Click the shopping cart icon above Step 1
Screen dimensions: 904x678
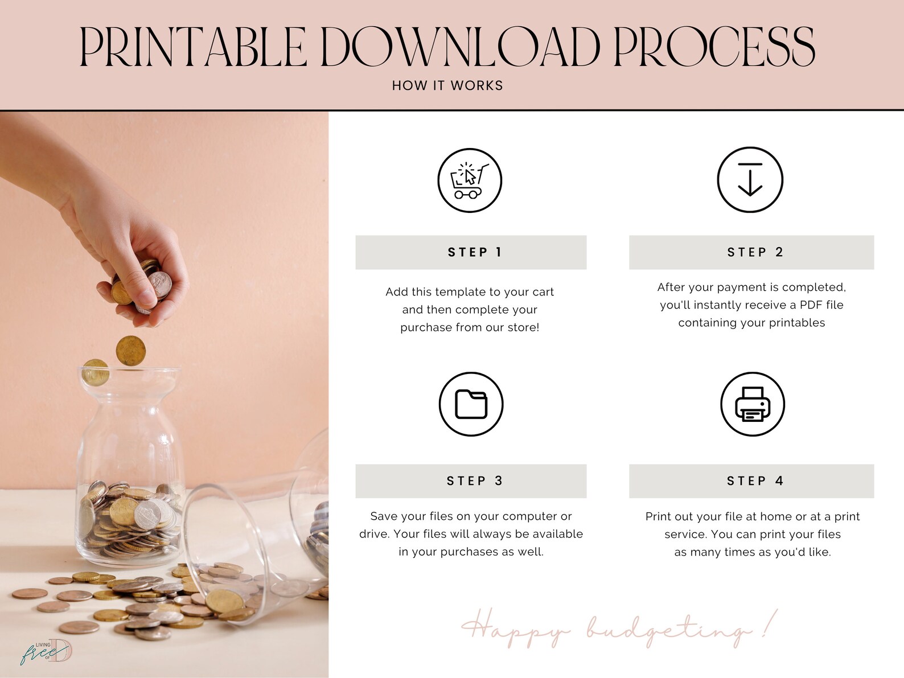coord(470,180)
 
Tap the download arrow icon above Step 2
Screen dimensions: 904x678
coord(750,180)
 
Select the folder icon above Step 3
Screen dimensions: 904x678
coord(471,404)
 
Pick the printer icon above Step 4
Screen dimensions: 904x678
coord(753,404)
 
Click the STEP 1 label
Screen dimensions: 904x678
coord(475,252)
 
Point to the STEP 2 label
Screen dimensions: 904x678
coord(755,252)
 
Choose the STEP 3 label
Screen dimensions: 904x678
coord(475,480)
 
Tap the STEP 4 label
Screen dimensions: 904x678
coord(755,480)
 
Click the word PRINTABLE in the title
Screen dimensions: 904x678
coord(193,47)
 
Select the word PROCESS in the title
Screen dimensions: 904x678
coord(714,47)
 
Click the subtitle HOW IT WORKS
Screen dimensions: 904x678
coord(447,85)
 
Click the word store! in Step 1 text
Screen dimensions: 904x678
coord(523,327)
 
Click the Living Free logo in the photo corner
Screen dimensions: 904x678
coord(46,652)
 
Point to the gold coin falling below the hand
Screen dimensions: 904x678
coord(130,351)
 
